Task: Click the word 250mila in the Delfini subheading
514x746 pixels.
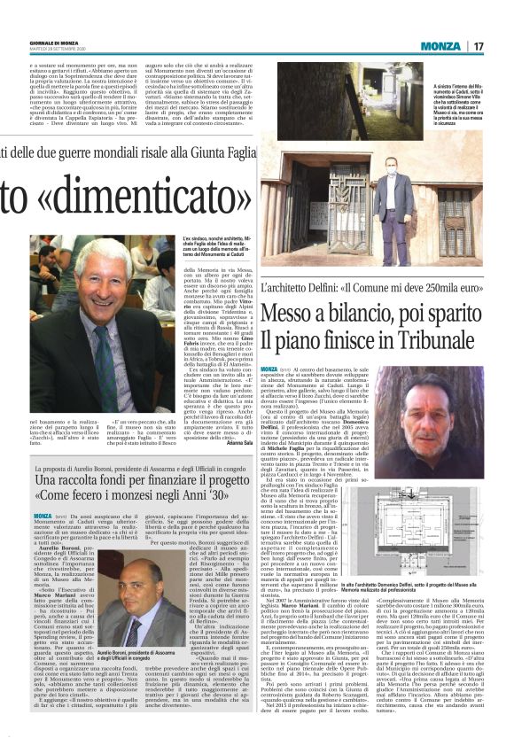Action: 437,289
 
